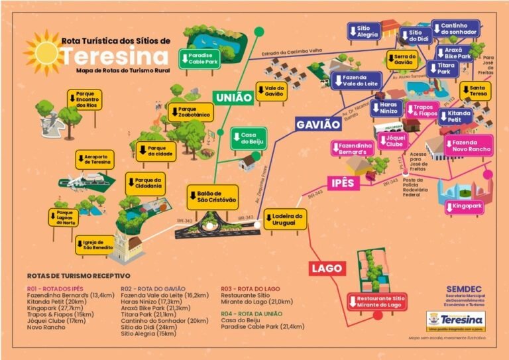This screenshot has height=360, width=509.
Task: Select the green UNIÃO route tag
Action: pos(233,97)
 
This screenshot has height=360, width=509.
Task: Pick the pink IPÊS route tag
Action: pos(341,182)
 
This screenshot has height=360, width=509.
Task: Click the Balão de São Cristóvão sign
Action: pos(212,197)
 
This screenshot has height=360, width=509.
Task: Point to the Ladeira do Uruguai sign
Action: pos(286,219)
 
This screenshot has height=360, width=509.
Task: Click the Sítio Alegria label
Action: pos(365,31)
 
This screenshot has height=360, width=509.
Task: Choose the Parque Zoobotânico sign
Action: pos(193,112)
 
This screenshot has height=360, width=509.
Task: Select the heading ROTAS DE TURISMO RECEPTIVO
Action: pos(78,275)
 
